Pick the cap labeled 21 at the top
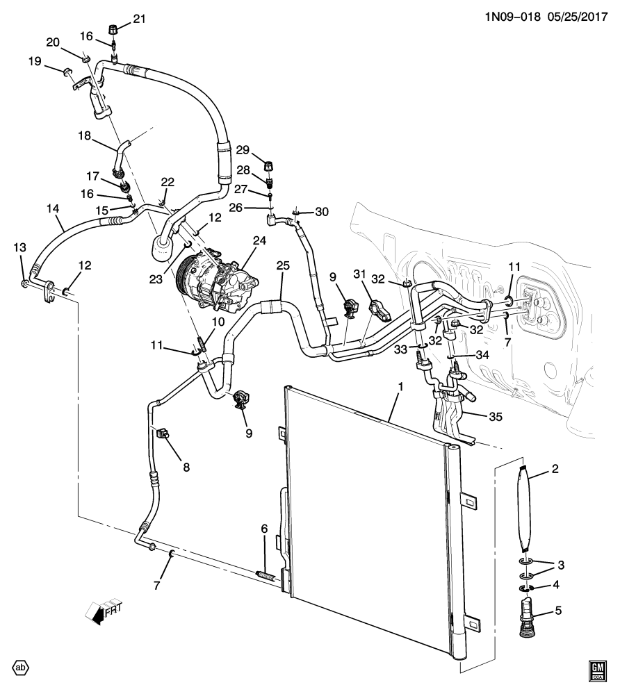(114, 29)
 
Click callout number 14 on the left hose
(54, 208)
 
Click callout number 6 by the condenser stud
(264, 529)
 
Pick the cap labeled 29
(269, 166)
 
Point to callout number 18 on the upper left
(85, 138)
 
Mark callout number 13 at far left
(19, 247)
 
